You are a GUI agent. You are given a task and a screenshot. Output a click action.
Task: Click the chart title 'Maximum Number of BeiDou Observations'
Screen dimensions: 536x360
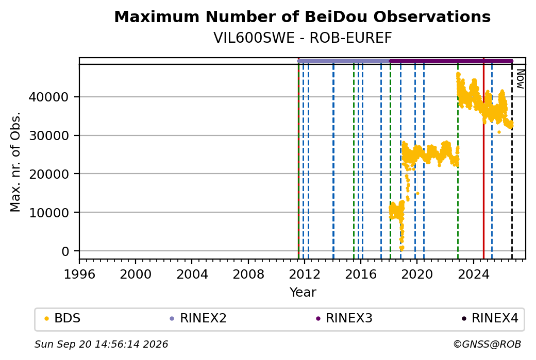[302, 16]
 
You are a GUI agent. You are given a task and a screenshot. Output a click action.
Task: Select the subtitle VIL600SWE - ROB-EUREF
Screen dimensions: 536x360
[303, 38]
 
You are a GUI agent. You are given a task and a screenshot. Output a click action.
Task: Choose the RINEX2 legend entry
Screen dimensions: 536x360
[198, 318]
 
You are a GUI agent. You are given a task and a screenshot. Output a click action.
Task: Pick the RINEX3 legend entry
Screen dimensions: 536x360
[344, 318]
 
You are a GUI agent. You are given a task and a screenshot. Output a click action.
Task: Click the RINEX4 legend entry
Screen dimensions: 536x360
[490, 318]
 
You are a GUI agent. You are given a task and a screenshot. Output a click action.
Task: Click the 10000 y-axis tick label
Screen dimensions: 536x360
[48, 213]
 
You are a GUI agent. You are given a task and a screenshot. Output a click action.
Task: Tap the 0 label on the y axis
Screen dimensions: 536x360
[65, 251]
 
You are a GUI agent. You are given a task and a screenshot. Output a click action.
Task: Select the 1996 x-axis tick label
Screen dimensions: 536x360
[79, 275]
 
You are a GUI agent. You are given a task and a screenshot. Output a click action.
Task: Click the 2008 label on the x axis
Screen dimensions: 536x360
[248, 275]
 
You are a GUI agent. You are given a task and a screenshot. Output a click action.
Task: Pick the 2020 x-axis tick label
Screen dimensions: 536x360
[417, 275]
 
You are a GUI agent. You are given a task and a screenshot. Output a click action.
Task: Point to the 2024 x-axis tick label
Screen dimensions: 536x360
[473, 275]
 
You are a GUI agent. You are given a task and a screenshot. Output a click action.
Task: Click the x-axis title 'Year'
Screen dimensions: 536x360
[303, 293]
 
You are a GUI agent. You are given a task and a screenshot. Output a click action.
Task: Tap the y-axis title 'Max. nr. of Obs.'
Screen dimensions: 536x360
[15, 162]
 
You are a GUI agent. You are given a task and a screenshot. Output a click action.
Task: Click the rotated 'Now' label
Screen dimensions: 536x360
[520, 79]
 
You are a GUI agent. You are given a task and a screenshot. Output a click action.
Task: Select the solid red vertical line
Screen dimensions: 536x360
[484, 159]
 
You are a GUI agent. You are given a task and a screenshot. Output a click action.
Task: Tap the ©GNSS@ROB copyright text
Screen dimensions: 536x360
[487, 344]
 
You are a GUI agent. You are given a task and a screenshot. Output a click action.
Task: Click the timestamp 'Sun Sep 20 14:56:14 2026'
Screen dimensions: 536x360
[101, 344]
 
